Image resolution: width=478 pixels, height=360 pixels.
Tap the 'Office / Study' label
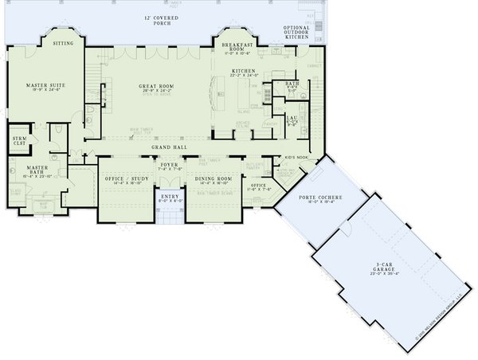126,179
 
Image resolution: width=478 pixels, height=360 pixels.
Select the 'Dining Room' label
214,179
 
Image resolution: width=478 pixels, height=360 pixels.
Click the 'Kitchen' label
242,71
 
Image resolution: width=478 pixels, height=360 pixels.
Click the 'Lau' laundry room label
291,118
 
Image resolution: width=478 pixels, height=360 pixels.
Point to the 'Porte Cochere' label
305,198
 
